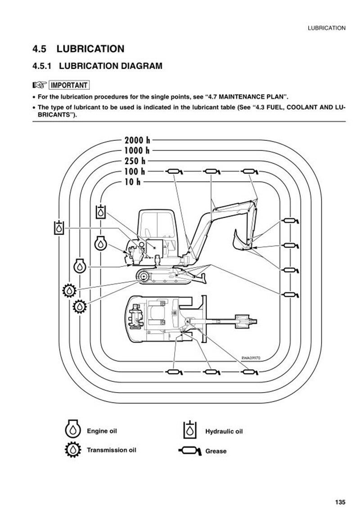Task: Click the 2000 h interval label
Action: [x=137, y=139]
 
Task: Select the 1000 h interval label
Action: [x=137, y=150]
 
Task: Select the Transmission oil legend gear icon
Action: [x=72, y=450]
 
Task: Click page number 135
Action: [x=340, y=502]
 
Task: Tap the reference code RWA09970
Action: [x=251, y=358]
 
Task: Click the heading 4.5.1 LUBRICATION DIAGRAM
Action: [x=97, y=67]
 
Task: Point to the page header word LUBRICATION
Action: [x=326, y=28]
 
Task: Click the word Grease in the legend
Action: [x=216, y=451]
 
